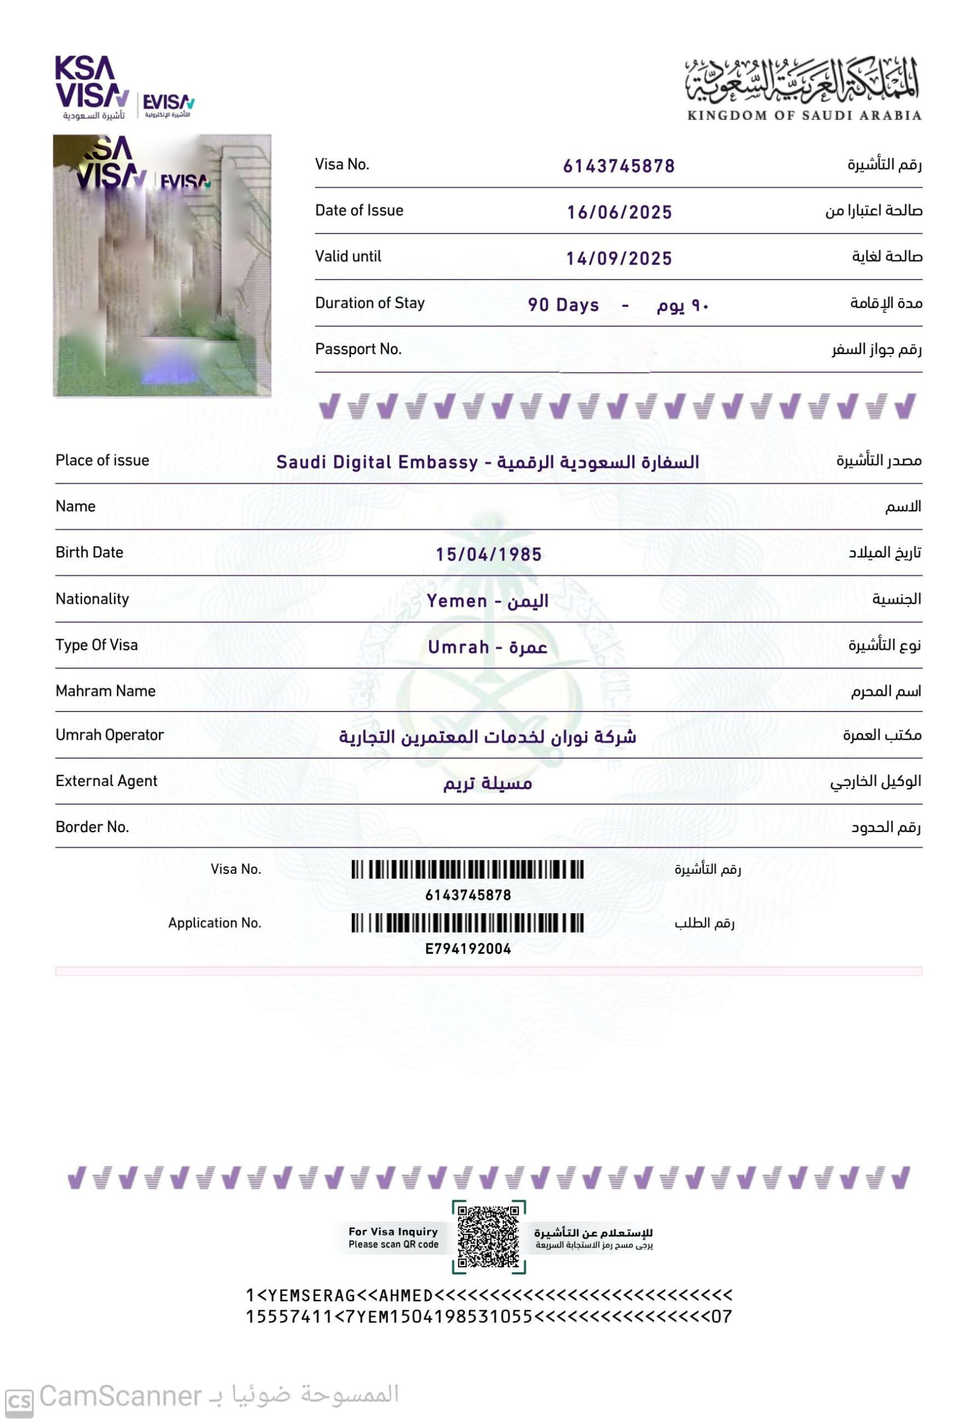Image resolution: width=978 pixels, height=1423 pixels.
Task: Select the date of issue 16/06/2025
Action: point(619,213)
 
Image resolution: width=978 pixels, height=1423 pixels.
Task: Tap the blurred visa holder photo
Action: point(162,265)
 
